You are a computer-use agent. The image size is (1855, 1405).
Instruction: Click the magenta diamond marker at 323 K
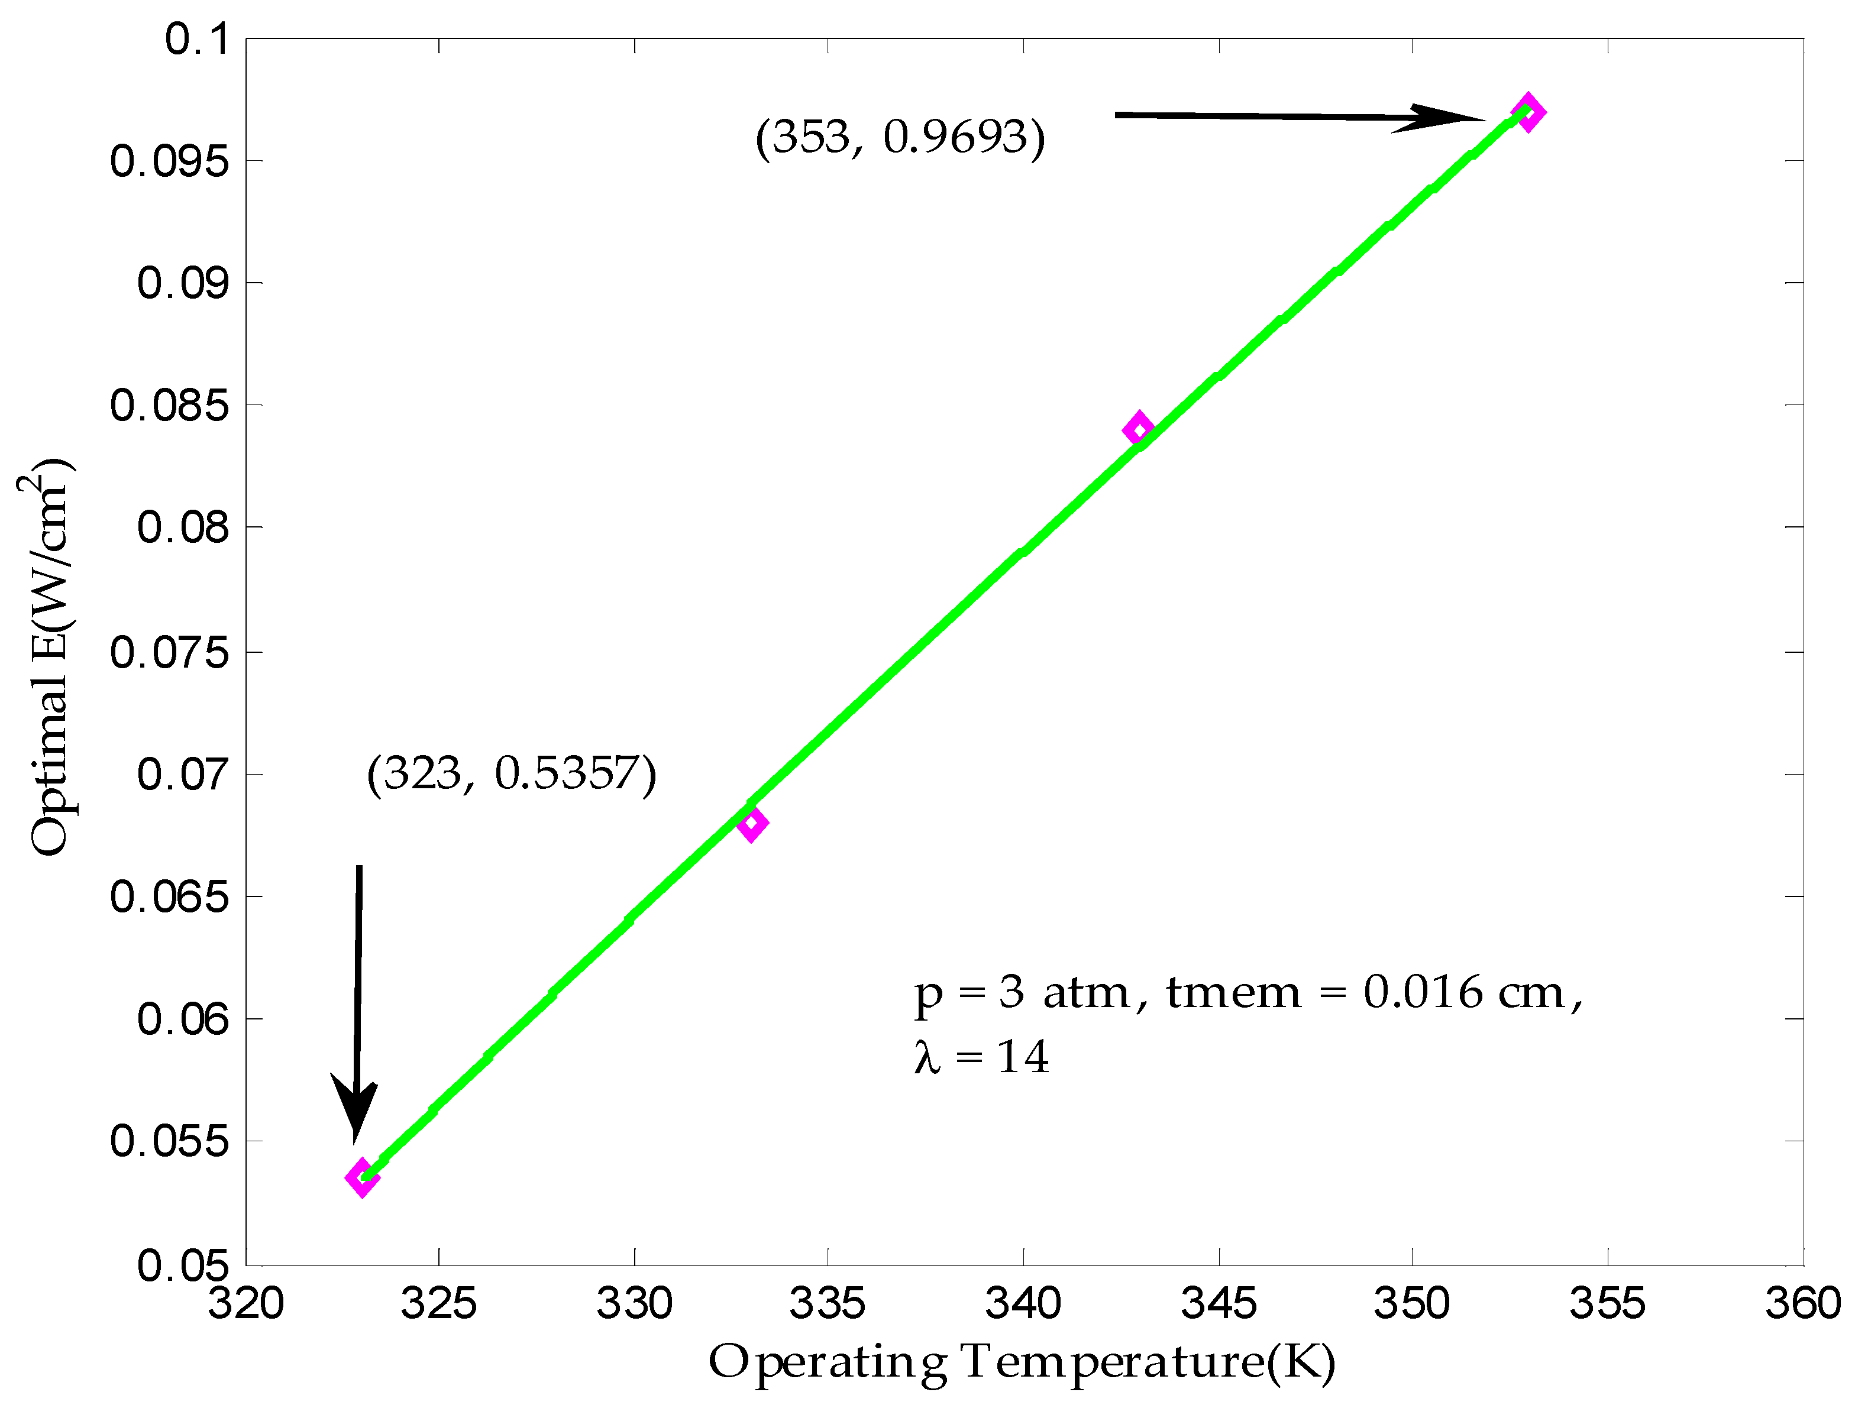362,1178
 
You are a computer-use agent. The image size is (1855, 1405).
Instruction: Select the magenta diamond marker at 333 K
752,823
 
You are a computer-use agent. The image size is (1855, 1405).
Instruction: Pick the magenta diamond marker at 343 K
1138,429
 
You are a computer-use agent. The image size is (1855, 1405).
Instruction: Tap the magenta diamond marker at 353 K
1528,112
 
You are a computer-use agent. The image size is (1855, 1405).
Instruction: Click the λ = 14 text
981,1057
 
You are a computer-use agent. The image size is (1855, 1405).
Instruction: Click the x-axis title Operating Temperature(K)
1022,1361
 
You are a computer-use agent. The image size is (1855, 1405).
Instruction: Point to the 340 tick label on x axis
1023,1303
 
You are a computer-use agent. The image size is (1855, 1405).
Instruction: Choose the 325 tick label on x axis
438,1303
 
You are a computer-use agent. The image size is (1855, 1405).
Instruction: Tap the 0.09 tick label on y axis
183,283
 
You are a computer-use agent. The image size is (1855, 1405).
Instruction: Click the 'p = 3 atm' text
1022,993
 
